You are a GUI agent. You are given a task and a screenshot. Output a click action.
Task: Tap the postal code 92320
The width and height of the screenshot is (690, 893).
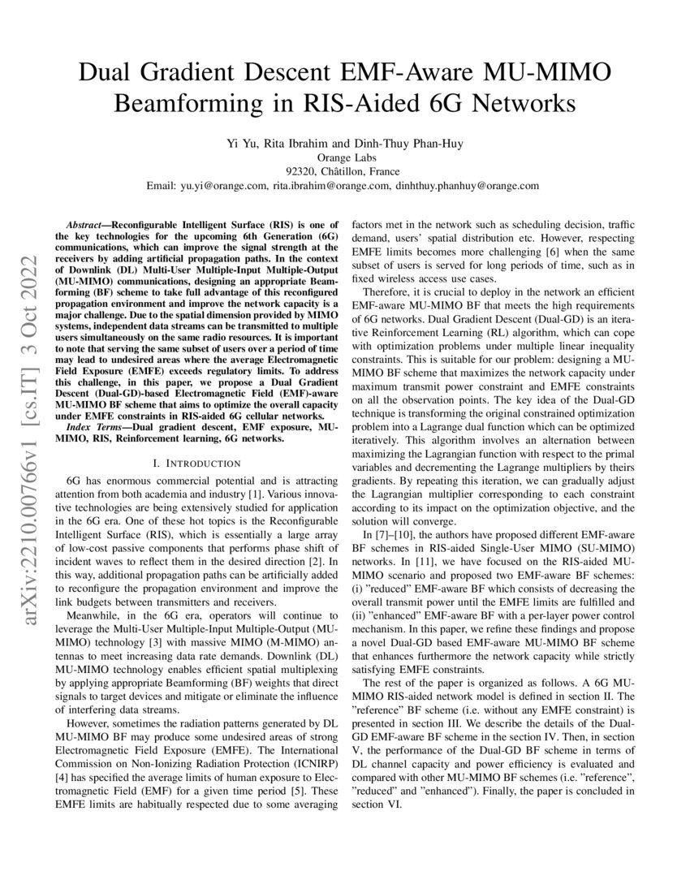pos(302,171)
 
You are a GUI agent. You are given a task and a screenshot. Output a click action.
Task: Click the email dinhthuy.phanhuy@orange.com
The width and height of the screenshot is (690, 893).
pos(467,186)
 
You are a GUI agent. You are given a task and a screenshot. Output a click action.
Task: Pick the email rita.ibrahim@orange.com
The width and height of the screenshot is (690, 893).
pos(330,186)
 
